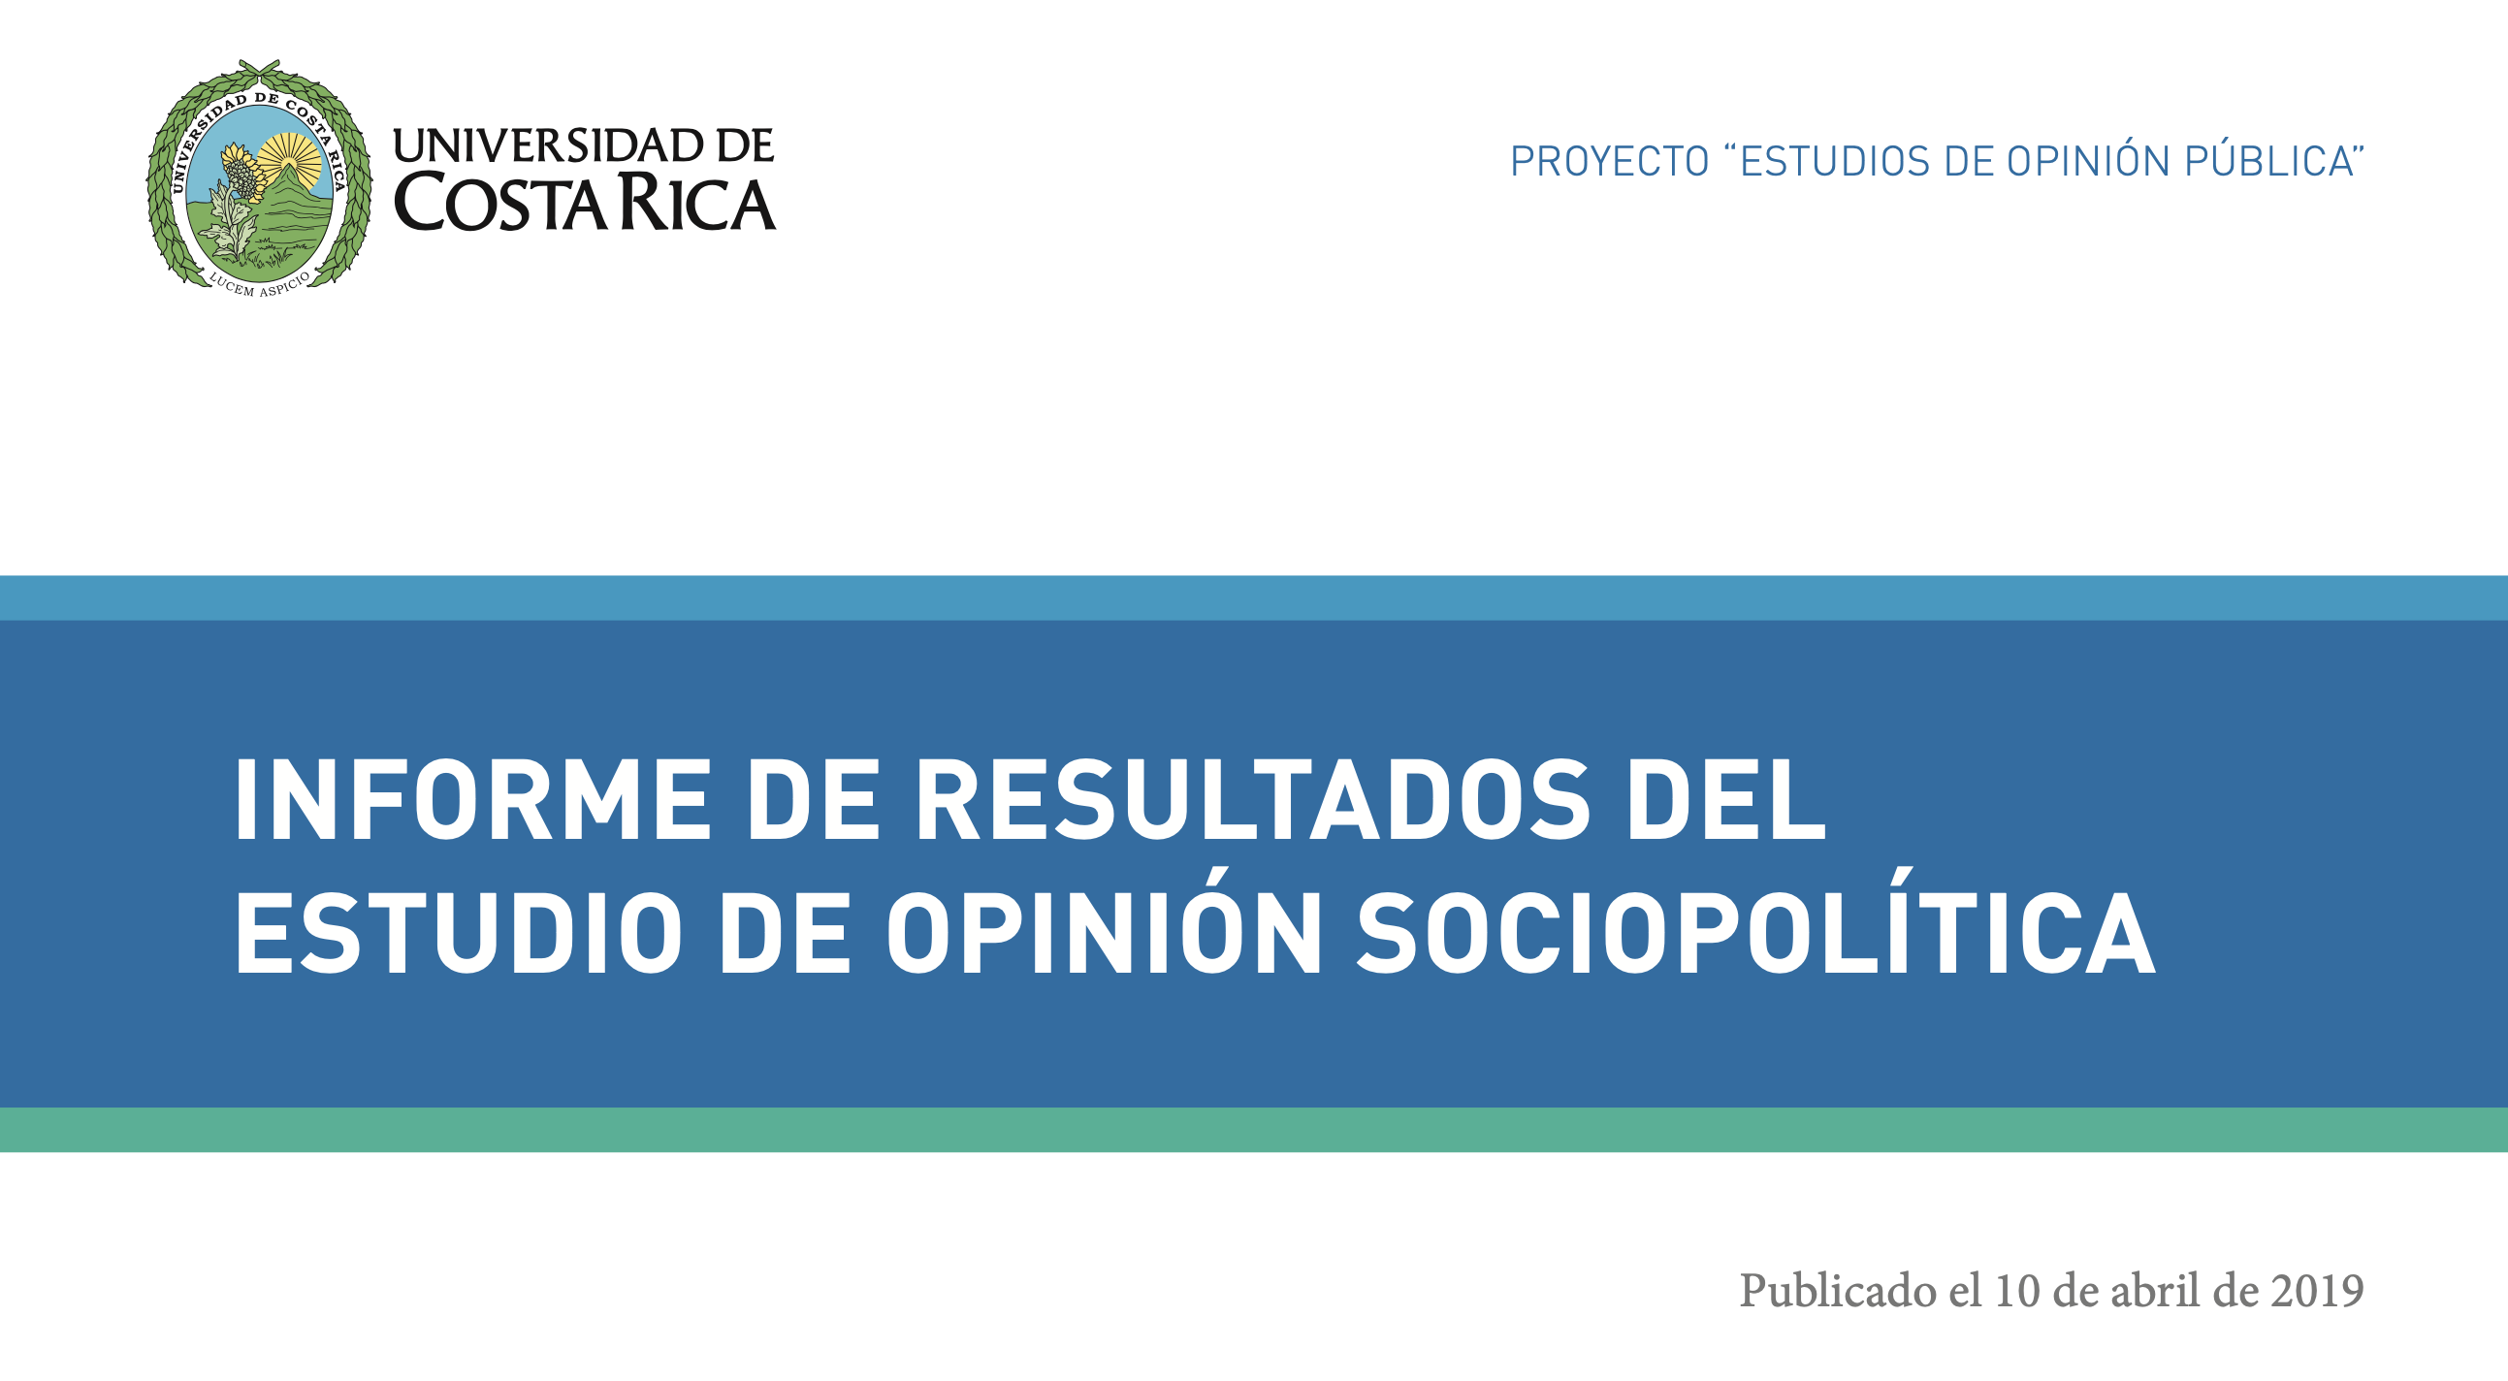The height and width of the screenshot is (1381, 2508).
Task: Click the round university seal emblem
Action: tap(258, 178)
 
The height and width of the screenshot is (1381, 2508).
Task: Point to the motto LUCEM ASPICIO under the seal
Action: tap(259, 284)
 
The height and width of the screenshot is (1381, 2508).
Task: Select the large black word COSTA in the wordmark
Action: tap(502, 203)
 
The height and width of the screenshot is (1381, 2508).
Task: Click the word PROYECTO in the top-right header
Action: tap(1609, 162)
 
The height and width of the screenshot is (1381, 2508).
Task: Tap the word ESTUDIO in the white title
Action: tap(459, 933)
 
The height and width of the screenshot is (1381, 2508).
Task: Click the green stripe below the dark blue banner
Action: tap(1254, 1130)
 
